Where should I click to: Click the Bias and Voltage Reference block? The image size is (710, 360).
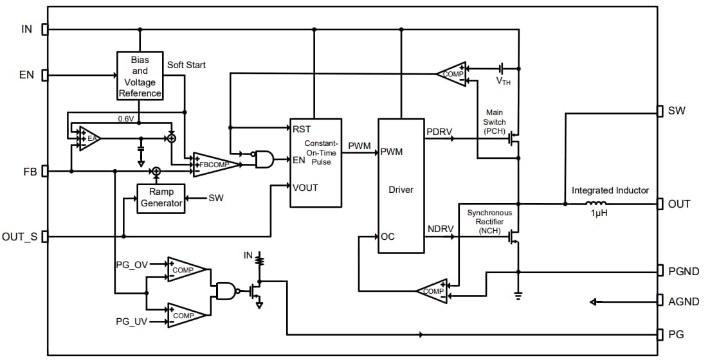tap(140, 76)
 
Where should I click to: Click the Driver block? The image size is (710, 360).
tap(401, 190)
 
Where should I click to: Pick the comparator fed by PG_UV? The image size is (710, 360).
tap(186, 315)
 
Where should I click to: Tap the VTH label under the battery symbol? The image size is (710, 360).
tap(504, 81)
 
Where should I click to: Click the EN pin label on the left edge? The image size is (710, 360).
tap(26, 75)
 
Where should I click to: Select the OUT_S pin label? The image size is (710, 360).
tap(19, 237)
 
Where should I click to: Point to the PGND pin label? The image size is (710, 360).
tap(684, 271)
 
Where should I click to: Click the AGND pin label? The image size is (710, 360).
tap(684, 301)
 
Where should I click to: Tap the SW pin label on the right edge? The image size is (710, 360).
tap(677, 111)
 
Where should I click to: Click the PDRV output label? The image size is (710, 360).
tap(439, 132)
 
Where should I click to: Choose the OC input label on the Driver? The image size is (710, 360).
tap(388, 236)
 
